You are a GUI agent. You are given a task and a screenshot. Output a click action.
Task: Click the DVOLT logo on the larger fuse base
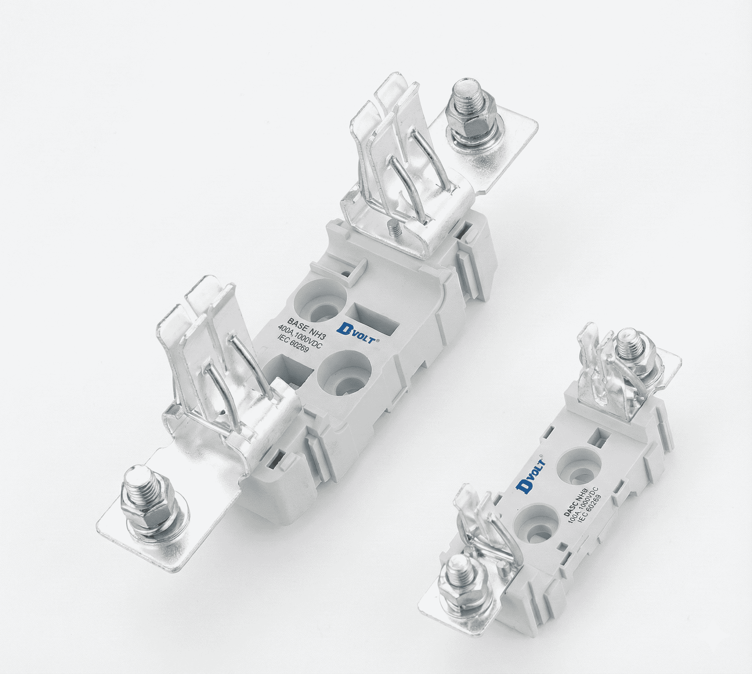[x=358, y=333]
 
